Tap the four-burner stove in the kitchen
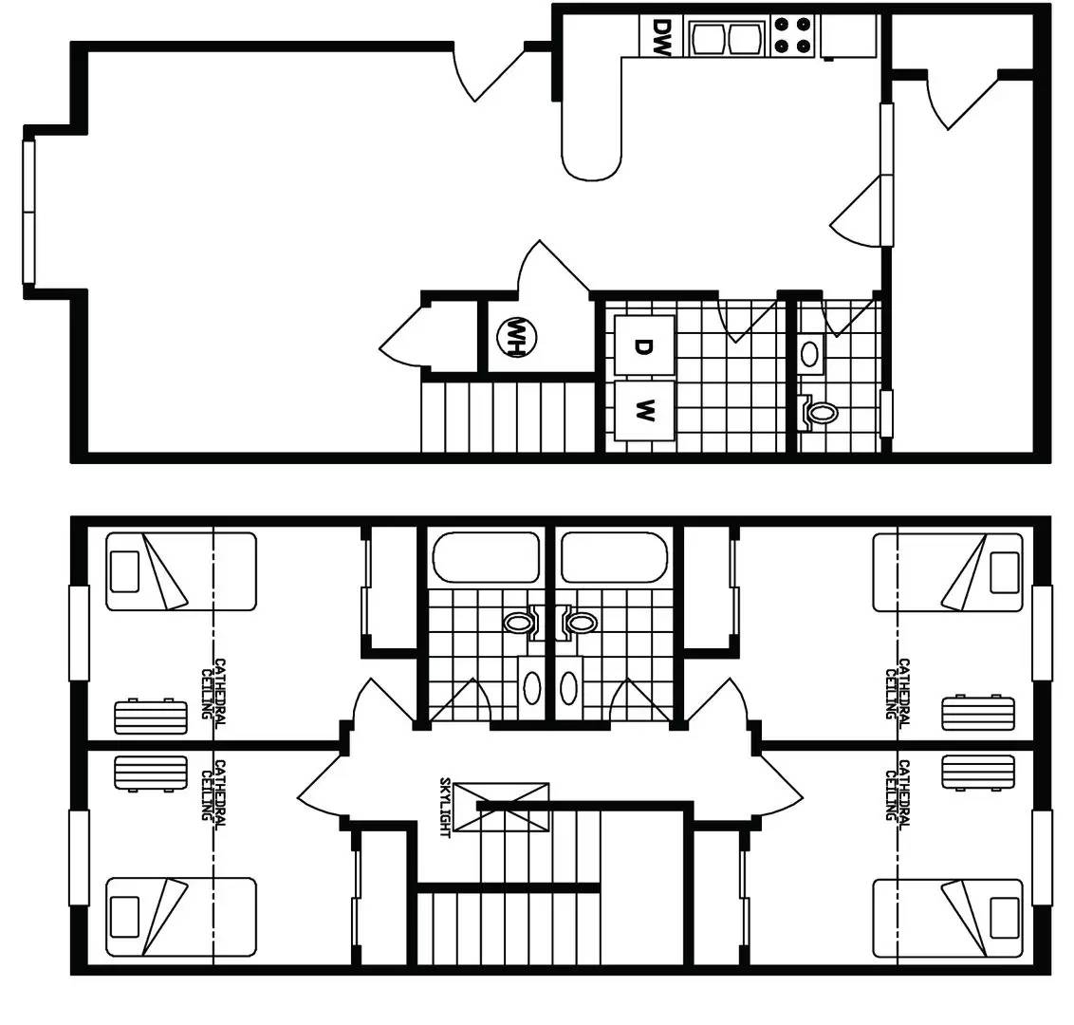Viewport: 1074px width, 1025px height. coord(793,35)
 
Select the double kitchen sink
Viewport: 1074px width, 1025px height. coord(728,38)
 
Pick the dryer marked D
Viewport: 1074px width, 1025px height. coord(643,346)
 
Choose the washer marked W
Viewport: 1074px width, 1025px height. coord(643,411)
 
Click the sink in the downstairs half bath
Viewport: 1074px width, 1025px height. coord(810,353)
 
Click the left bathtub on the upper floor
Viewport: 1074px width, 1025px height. coord(486,557)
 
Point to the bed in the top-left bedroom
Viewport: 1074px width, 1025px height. coord(180,570)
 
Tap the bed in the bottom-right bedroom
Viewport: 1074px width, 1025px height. coord(948,917)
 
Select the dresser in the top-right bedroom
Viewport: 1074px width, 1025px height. coord(978,715)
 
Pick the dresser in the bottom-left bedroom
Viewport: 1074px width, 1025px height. coord(150,772)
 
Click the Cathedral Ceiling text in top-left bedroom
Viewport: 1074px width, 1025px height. coord(213,689)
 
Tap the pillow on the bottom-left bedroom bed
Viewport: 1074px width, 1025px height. coord(125,917)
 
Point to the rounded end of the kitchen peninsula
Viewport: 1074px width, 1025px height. coord(592,161)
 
